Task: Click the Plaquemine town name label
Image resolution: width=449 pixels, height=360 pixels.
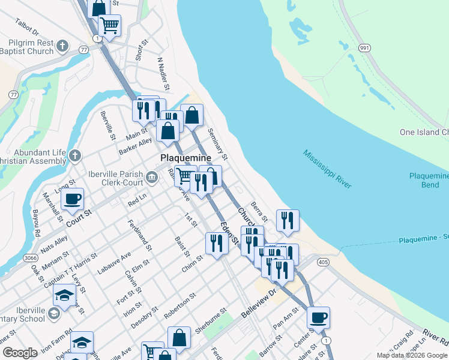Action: click(x=186, y=158)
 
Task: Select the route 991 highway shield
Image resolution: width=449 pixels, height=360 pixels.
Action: click(x=364, y=47)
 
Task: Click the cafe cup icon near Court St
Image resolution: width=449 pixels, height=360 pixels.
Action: click(x=73, y=199)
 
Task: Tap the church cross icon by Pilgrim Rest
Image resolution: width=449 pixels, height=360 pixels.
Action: click(x=62, y=46)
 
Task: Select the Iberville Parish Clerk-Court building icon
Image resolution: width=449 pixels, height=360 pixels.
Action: click(x=152, y=176)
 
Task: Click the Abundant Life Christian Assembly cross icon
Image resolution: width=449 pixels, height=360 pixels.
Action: click(x=74, y=156)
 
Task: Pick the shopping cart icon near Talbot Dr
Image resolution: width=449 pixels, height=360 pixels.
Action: click(x=110, y=25)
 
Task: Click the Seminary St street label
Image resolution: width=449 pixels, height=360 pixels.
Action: click(x=217, y=143)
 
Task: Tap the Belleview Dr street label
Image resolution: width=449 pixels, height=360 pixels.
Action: click(x=258, y=305)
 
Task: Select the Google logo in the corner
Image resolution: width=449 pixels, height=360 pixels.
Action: click(x=20, y=353)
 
